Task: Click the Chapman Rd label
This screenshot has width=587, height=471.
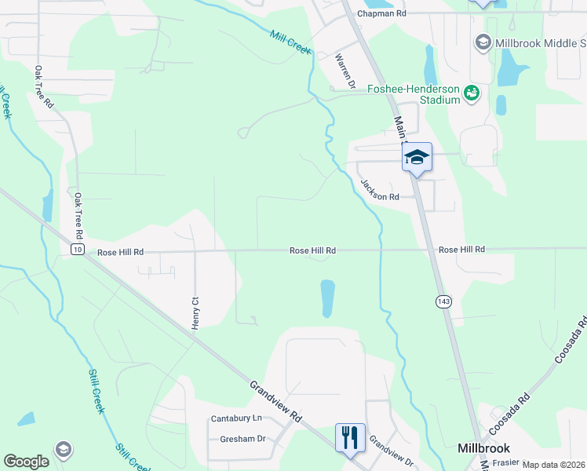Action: point(381,13)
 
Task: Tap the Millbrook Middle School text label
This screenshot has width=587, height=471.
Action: point(541,42)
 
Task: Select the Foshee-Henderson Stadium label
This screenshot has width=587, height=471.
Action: point(414,94)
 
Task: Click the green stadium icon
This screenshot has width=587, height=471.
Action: point(472,94)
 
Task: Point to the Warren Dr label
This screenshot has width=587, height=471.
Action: point(346,71)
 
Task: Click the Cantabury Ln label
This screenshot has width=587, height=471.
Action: point(235,419)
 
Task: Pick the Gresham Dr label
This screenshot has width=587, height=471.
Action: point(242,440)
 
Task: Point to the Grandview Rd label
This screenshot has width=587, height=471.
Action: point(276,402)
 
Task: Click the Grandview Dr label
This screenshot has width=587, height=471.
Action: point(391,451)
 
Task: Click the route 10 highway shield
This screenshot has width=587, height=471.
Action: point(76,250)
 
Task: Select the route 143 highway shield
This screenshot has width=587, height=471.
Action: point(443,301)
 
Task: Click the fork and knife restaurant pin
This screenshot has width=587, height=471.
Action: point(350,437)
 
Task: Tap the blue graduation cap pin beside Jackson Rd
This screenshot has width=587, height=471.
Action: point(417,156)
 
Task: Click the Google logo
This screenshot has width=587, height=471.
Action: point(26,462)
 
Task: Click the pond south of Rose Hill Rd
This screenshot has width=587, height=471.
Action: point(327,298)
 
